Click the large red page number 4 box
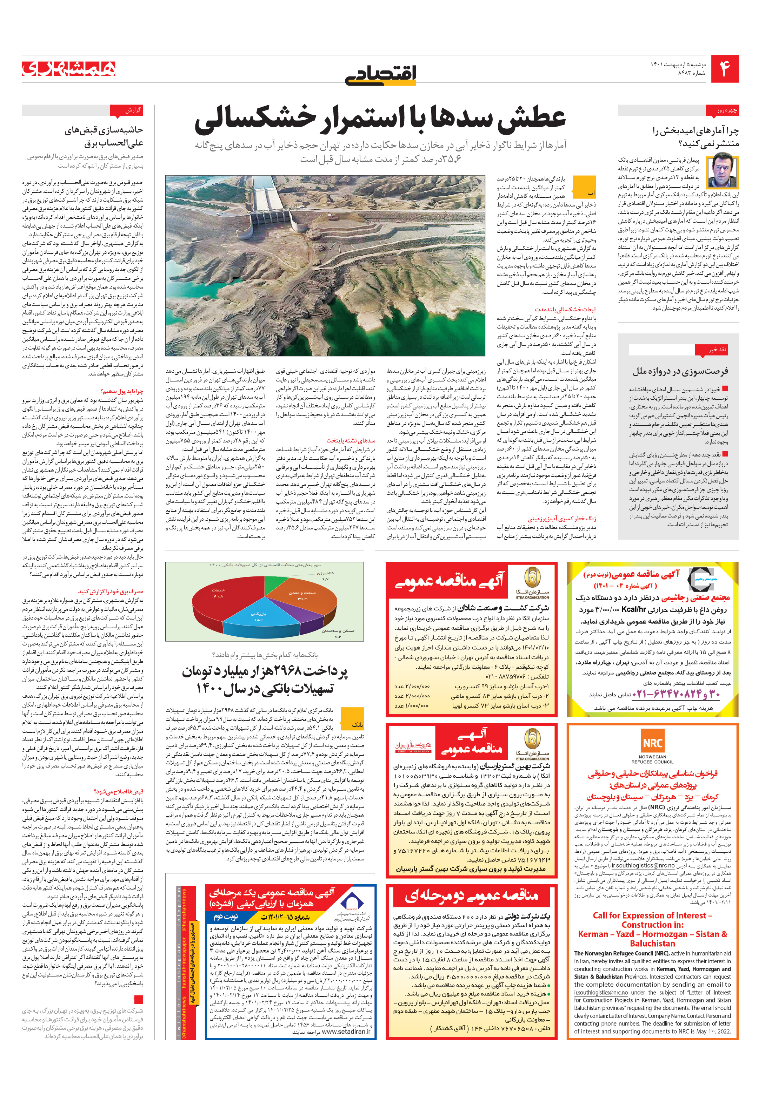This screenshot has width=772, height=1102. [724, 69]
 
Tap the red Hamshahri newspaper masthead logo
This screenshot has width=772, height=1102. [69, 69]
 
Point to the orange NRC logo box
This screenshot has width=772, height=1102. [652, 743]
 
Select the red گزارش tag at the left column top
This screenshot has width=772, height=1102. [127, 111]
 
